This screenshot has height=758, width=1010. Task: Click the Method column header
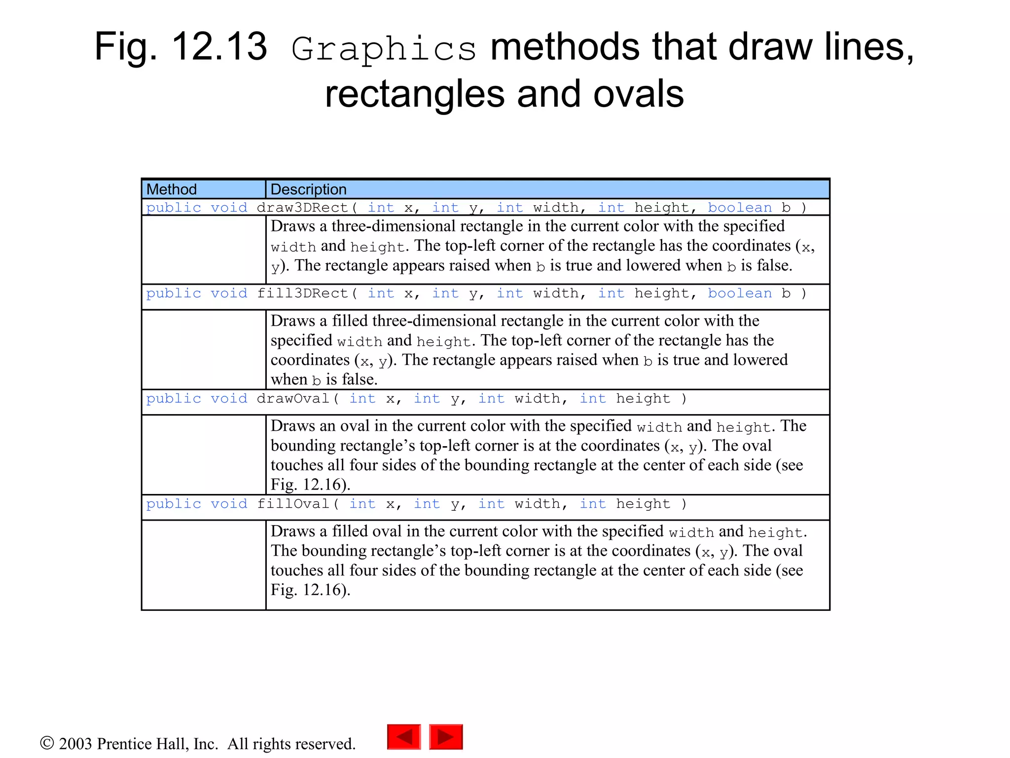(x=172, y=189)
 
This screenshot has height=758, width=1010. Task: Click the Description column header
(x=308, y=189)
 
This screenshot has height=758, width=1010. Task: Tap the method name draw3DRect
(x=302, y=208)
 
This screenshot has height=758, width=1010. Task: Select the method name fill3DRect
(x=302, y=294)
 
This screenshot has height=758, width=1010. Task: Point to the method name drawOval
(x=293, y=399)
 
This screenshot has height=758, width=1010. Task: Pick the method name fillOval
(x=293, y=504)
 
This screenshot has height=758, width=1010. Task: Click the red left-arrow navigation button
(x=404, y=737)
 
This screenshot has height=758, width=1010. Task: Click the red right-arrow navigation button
(x=446, y=737)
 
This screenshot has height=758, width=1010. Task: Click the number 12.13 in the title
(x=219, y=47)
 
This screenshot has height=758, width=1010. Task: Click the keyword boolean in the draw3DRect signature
(x=740, y=208)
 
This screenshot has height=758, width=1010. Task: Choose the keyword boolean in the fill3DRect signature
(x=740, y=294)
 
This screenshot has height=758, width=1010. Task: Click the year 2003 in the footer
(x=75, y=744)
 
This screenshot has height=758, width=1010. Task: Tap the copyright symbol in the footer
(x=47, y=743)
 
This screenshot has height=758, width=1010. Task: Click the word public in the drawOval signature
(x=174, y=399)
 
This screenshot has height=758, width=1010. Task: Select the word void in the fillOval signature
(x=229, y=504)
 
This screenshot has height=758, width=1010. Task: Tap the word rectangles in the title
(x=415, y=95)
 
